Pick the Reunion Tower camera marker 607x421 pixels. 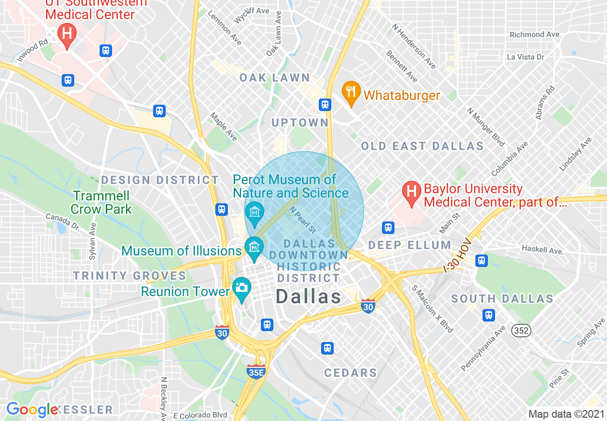242,289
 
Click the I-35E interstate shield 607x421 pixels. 256,371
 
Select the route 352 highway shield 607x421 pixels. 521,330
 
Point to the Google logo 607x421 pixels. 32,410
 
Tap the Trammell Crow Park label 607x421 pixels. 101,202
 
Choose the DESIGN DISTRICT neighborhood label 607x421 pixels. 160,180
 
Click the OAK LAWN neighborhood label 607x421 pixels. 275,78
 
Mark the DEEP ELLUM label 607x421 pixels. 409,245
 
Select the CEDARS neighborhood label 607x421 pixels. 350,373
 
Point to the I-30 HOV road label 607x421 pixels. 458,256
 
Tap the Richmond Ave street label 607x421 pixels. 534,34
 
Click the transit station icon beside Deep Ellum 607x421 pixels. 388,227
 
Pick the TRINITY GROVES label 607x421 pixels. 129,276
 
